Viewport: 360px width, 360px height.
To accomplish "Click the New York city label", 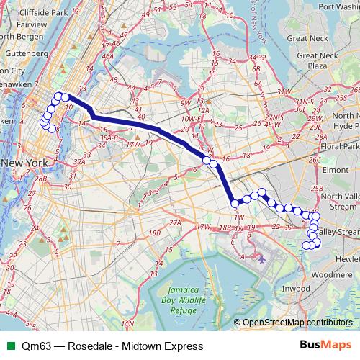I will click(x=24, y=163).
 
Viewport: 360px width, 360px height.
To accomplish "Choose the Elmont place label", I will click(x=336, y=170).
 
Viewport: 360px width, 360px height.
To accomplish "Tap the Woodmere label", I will click(x=333, y=274).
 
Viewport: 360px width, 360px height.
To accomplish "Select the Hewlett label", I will click(x=347, y=258).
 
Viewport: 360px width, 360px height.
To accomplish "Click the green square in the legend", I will click(x=9, y=346).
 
